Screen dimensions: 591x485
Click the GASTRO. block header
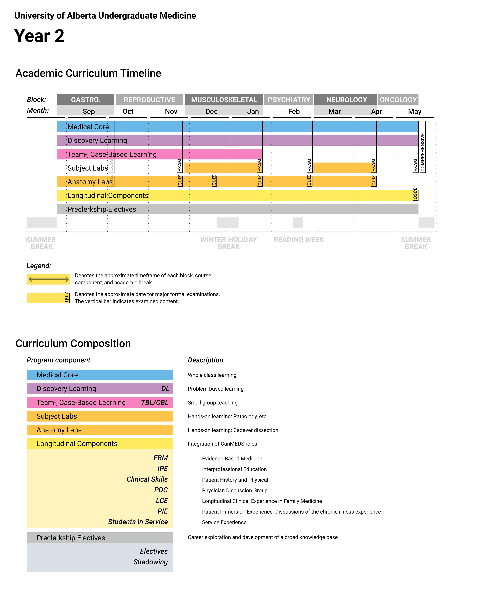(85, 100)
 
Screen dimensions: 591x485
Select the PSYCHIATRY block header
(289, 100)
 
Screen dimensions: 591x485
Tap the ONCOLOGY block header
(398, 100)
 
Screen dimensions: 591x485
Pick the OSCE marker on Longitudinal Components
(415, 194)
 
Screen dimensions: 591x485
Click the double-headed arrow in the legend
(48, 279)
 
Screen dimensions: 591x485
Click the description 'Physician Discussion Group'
(235, 490)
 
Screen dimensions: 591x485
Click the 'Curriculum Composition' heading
(73, 343)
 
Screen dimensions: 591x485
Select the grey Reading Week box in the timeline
(298, 223)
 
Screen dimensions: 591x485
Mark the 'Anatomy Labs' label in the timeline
(90, 182)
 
